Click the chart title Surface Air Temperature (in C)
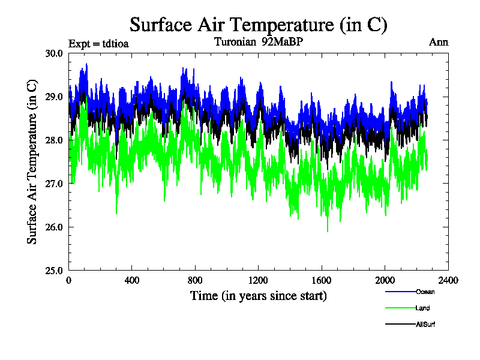(259, 25)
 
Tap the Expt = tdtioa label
(99, 43)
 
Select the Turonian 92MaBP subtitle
(259, 43)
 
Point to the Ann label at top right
(439, 43)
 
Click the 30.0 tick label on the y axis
(55, 53)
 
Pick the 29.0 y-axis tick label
(55, 97)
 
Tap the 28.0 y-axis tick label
(55, 140)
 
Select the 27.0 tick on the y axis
(55, 184)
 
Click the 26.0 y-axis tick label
(55, 227)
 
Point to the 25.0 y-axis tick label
(55, 270)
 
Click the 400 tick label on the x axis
(132, 280)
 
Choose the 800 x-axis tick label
(195, 280)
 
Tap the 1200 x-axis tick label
(259, 280)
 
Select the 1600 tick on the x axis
(322, 280)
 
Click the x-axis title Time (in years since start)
(259, 296)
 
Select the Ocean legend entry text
(425, 292)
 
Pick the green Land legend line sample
(400, 308)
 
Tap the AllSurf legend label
(425, 325)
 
